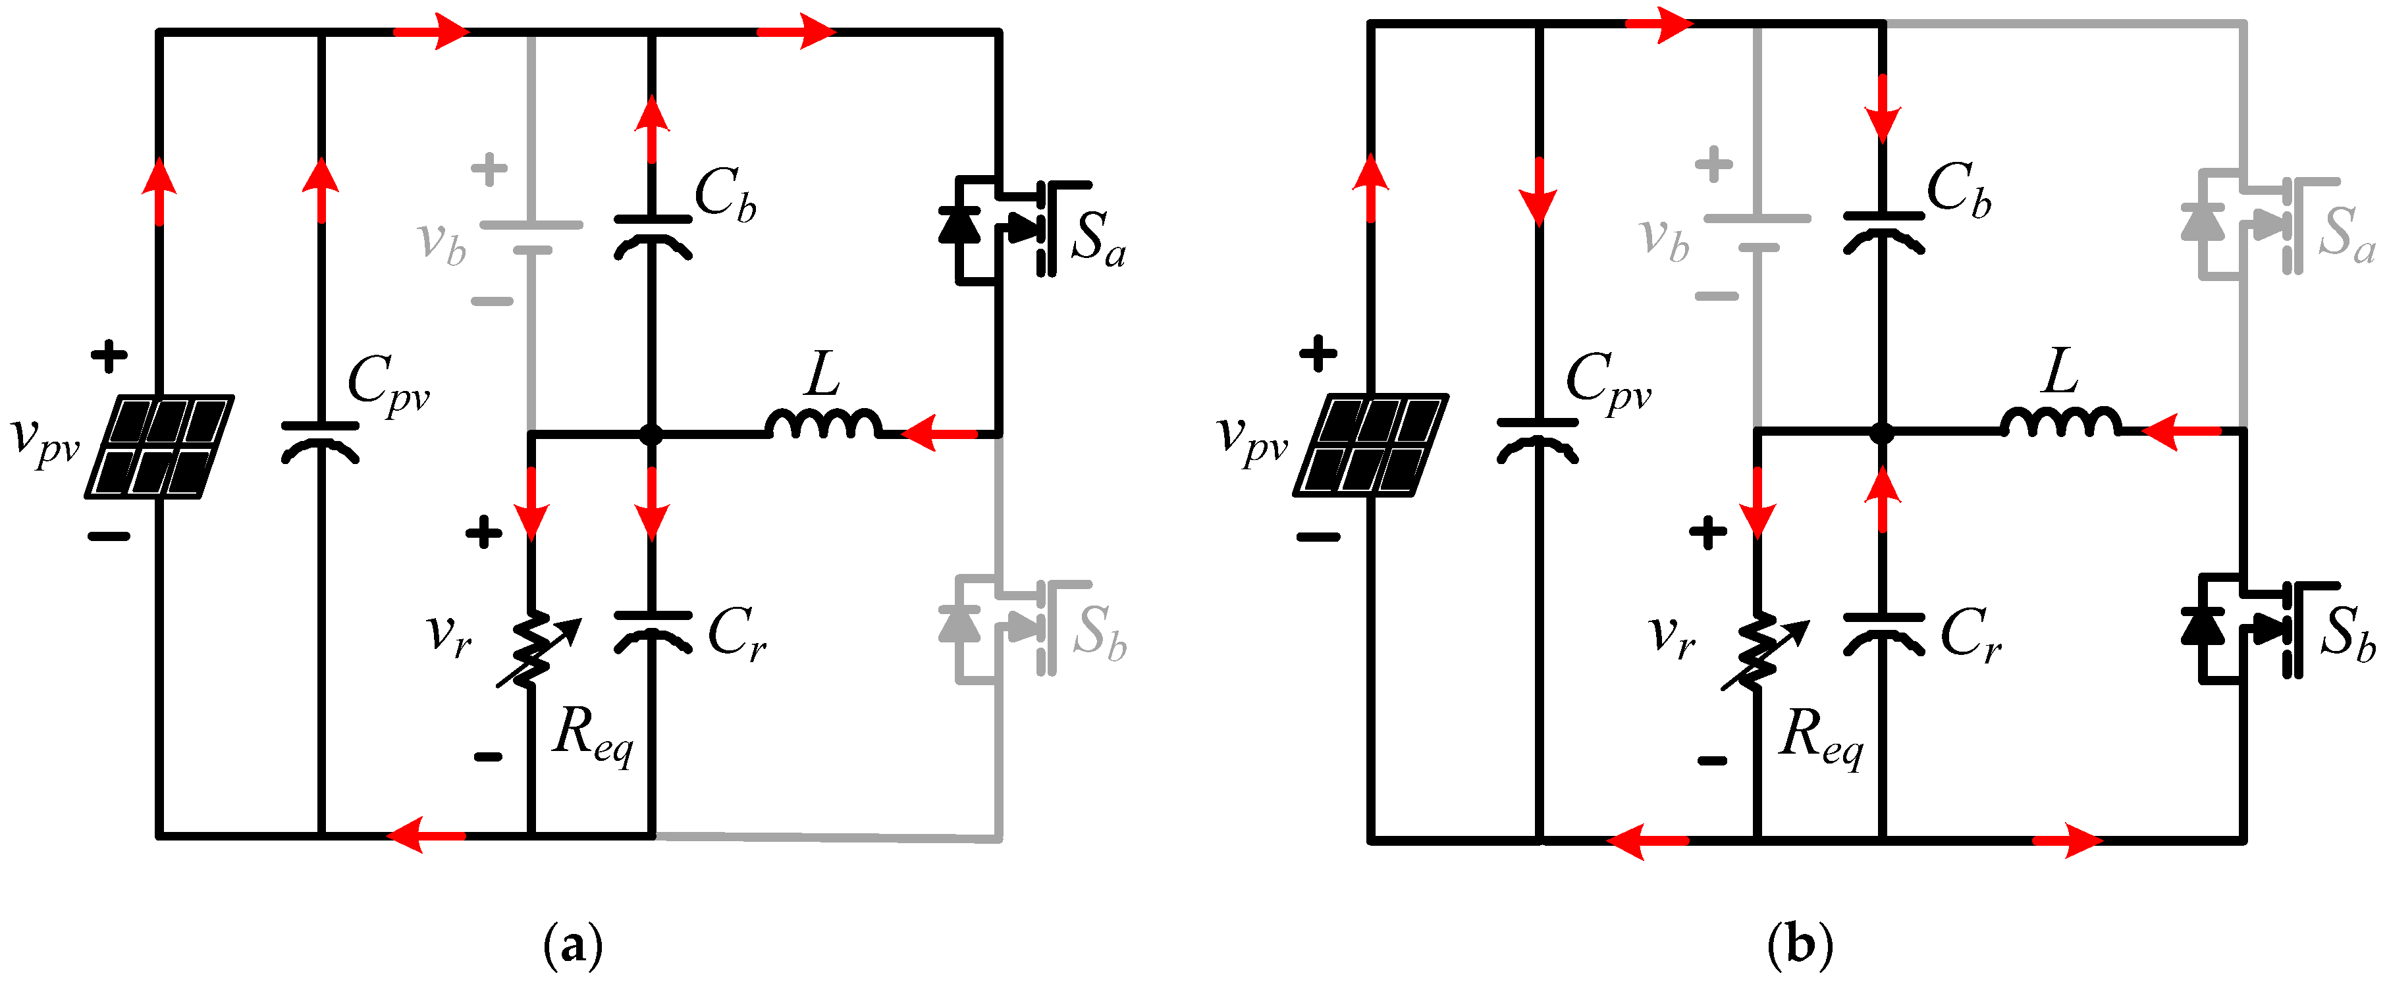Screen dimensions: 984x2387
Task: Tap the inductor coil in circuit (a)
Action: pyautogui.click(x=823, y=425)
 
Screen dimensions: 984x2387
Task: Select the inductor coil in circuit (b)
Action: pyautogui.click(x=2059, y=423)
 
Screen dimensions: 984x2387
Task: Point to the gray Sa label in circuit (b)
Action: pyautogui.click(x=2346, y=234)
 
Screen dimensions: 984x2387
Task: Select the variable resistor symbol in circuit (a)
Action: pyautogui.click(x=533, y=650)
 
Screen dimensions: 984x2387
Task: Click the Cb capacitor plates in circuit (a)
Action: pyautogui.click(x=653, y=234)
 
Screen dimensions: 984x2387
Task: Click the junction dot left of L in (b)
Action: pyautogui.click(x=1882, y=432)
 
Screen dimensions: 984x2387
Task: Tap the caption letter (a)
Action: pyautogui.click(x=573, y=945)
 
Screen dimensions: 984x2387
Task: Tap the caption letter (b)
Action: pyautogui.click(x=1800, y=945)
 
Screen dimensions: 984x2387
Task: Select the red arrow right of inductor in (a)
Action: pyautogui.click(x=938, y=432)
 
